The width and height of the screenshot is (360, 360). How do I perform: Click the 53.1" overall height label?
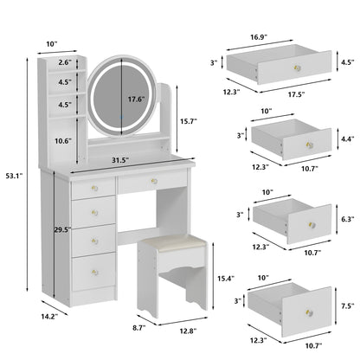coord(15,176)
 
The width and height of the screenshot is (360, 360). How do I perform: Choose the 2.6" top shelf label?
coord(66,63)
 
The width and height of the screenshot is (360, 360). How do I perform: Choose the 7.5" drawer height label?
coord(346,305)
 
